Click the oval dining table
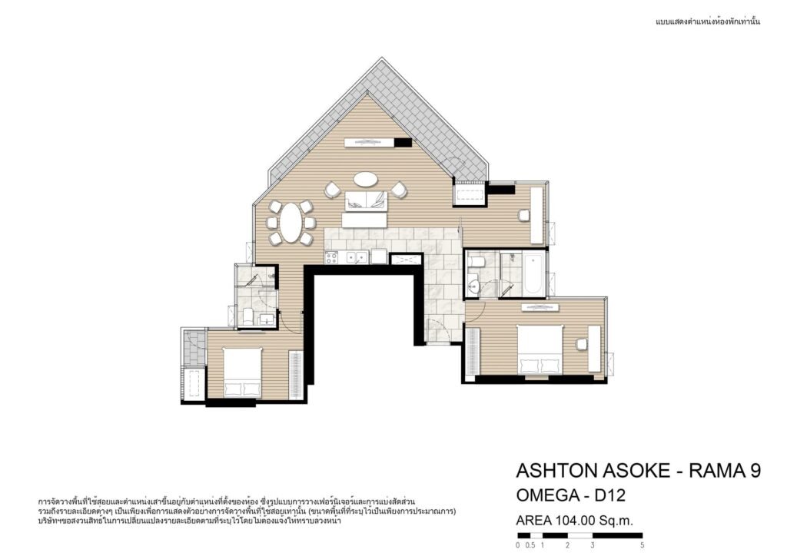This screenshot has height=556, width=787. click(x=290, y=223)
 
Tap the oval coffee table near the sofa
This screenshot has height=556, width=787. click(x=365, y=179)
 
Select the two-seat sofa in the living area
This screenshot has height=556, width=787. click(x=366, y=201)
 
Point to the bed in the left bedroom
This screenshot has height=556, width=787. click(x=242, y=372)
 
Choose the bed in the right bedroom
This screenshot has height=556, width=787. click(x=540, y=349)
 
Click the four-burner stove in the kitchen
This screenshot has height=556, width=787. click(x=331, y=257)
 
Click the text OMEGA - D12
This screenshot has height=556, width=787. click(x=571, y=495)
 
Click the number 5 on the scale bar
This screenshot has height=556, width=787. click(x=642, y=545)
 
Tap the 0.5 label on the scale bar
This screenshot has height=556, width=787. click(x=530, y=545)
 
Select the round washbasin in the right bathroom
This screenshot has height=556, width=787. click(x=473, y=286)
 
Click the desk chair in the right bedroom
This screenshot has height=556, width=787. click(x=583, y=345)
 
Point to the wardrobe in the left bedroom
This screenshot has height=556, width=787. click(x=296, y=376)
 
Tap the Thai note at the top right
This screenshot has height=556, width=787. click(x=708, y=22)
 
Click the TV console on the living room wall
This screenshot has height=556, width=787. click(x=369, y=142)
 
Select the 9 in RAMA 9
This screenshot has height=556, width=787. click(x=755, y=471)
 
